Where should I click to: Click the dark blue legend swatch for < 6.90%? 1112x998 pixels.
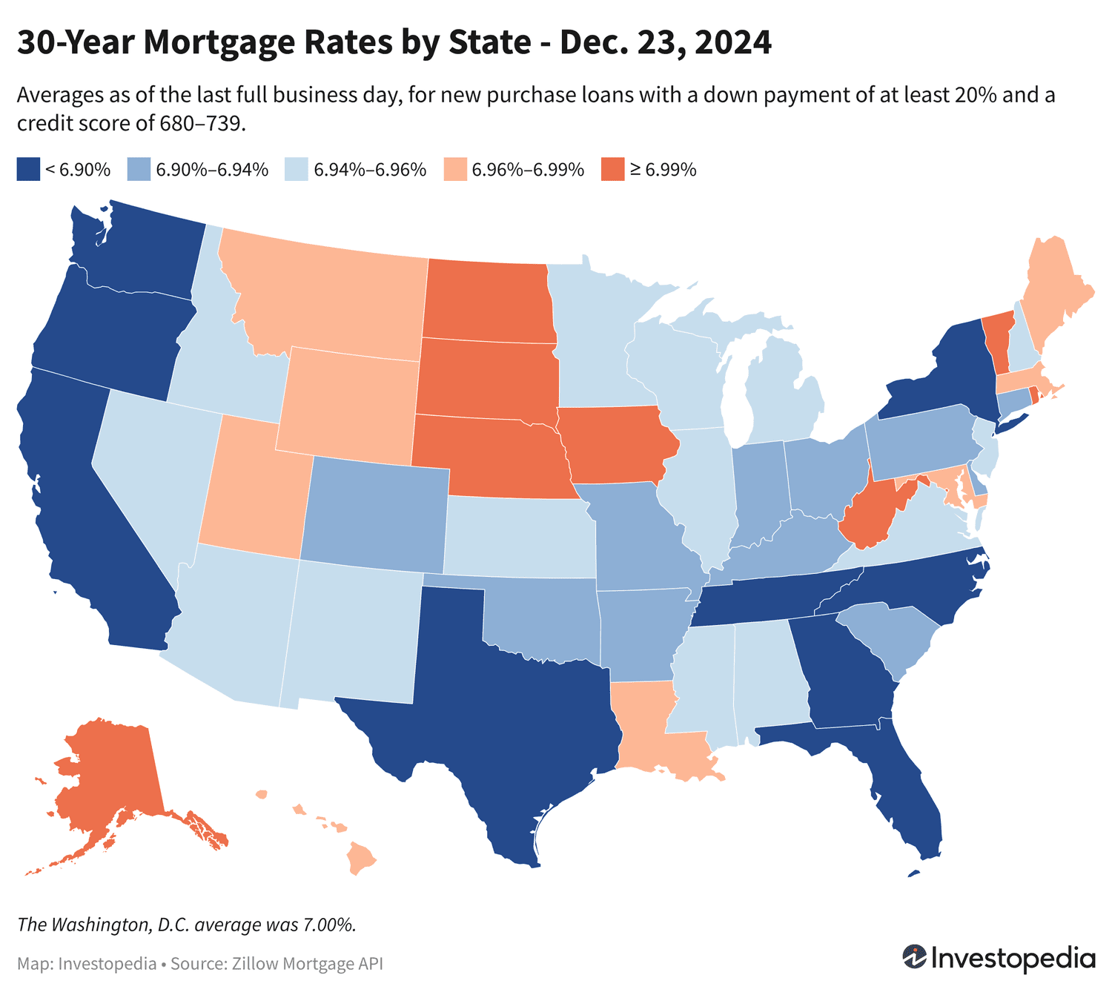(27, 170)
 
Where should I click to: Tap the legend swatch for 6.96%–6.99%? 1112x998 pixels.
(454, 170)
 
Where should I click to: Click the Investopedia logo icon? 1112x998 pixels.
(914, 957)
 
